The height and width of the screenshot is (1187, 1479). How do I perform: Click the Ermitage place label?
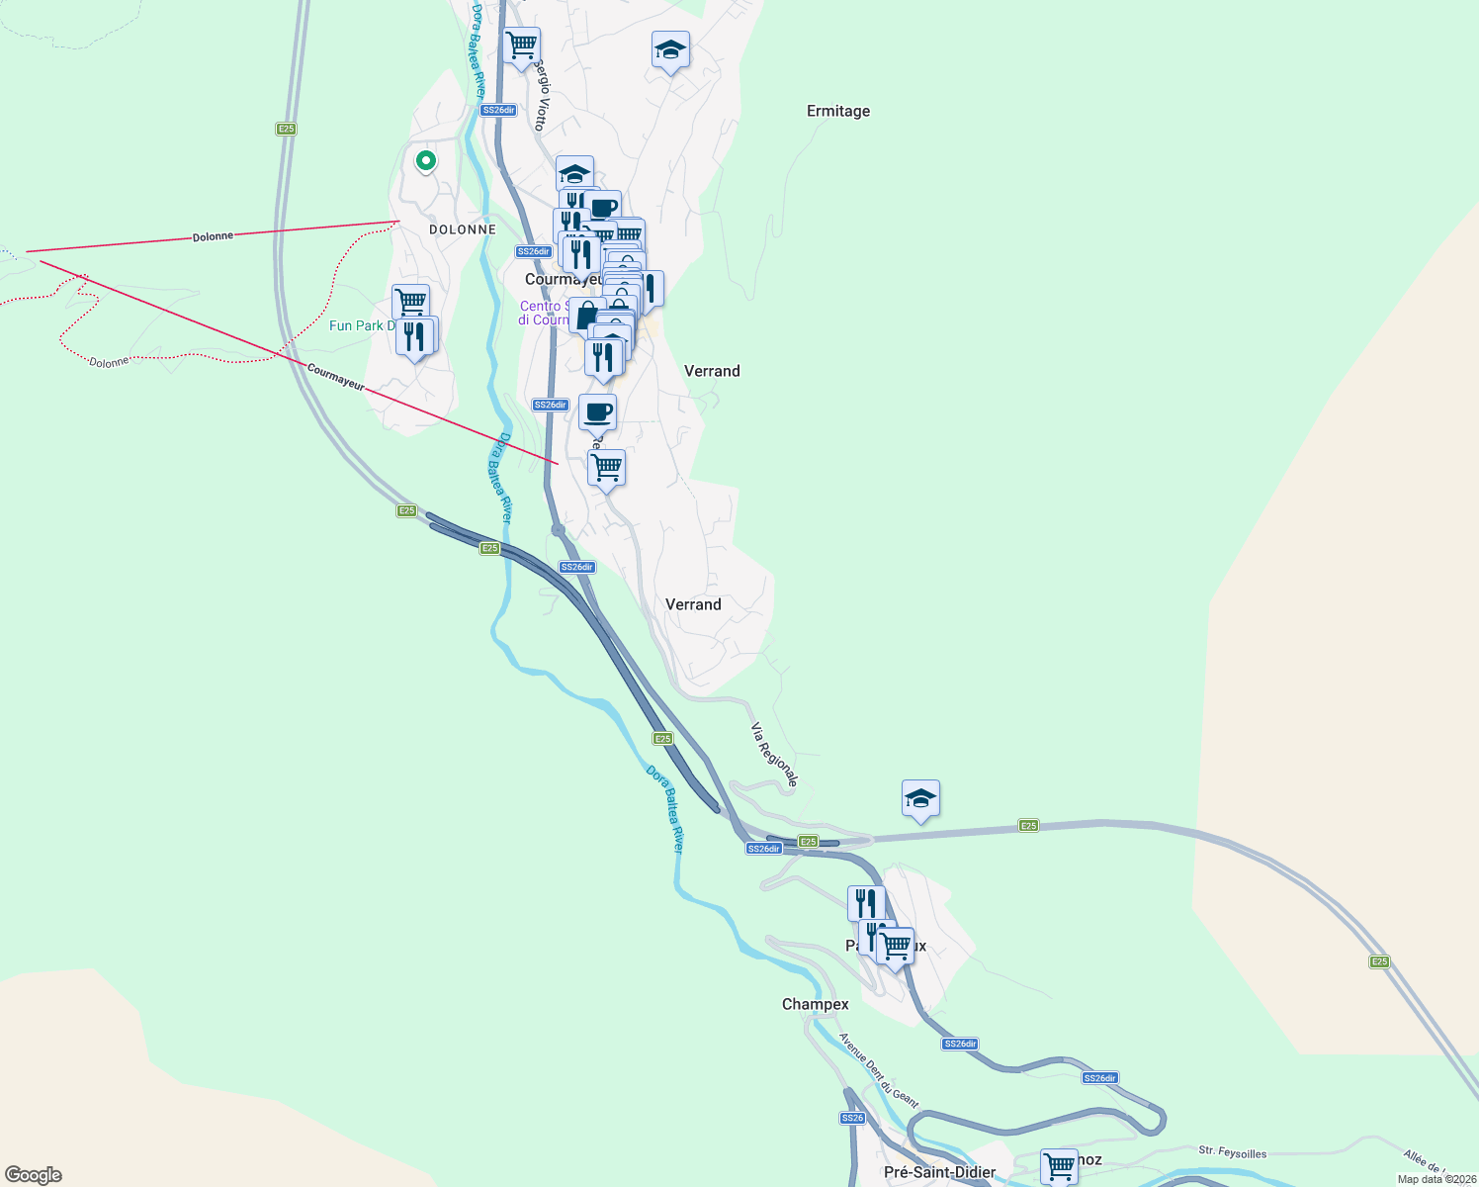[x=838, y=111]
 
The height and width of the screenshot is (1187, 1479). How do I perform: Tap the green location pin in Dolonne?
[x=425, y=160]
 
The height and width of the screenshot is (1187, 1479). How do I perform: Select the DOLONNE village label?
[x=463, y=229]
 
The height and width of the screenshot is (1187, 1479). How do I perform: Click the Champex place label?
[x=815, y=1004]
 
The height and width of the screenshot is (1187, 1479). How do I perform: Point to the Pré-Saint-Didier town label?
[x=939, y=1172]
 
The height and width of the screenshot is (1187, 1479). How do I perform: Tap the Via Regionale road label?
[x=774, y=755]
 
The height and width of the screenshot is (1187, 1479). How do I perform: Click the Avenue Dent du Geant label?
[x=878, y=1070]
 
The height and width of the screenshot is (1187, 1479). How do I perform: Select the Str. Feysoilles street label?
[x=1232, y=1152]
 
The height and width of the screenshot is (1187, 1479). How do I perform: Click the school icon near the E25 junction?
[x=920, y=798]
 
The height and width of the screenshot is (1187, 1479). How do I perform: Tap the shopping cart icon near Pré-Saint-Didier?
[x=1059, y=1165]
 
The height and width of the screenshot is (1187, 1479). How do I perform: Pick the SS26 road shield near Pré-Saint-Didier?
[x=852, y=1118]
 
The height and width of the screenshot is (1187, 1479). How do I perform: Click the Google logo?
[x=34, y=1175]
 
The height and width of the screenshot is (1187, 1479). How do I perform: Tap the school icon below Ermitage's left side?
[x=670, y=49]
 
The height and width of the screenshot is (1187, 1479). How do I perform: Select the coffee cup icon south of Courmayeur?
[x=597, y=411]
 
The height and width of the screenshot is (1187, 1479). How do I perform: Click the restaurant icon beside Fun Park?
[x=414, y=336]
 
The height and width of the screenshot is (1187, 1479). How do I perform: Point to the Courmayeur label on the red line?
[x=335, y=377]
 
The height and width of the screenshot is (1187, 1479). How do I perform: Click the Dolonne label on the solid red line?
[x=213, y=236]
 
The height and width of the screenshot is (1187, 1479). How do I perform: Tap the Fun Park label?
[x=361, y=325]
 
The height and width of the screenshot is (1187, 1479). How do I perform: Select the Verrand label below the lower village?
[x=693, y=604]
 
